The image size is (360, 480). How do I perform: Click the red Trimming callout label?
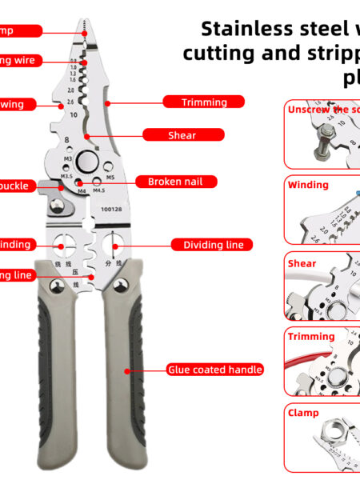204,102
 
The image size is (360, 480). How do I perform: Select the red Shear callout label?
182,135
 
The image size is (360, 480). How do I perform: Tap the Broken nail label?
175,182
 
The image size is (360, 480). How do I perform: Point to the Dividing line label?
213,244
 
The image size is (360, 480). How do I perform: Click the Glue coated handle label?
214,369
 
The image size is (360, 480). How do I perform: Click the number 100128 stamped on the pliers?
113,210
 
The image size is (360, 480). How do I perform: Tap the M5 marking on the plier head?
110,176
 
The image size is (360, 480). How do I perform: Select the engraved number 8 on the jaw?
66,140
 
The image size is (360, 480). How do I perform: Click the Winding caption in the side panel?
308,185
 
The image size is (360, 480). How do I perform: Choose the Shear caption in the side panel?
302,263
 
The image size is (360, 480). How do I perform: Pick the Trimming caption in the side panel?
311,337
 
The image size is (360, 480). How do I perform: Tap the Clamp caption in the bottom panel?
303,413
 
